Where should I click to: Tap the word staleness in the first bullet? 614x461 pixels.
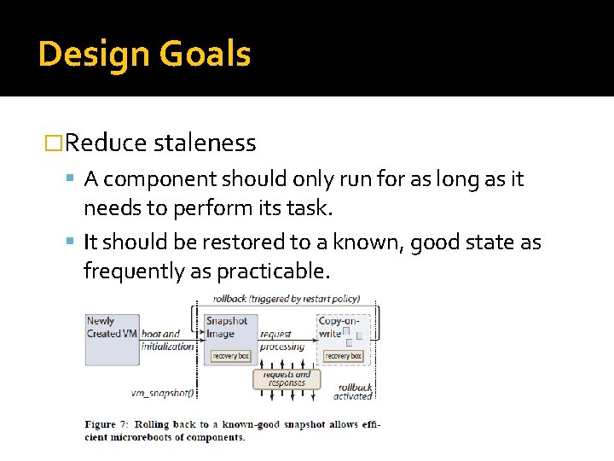[205, 143]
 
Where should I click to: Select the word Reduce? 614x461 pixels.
[107, 143]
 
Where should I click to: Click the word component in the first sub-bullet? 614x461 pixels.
[163, 179]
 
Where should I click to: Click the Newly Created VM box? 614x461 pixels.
[111, 340]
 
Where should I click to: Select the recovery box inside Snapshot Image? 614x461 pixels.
[230, 355]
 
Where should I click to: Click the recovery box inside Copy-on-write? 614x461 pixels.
[343, 356]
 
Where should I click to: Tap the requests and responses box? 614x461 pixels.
[287, 379]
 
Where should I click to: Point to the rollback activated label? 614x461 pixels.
[353, 392]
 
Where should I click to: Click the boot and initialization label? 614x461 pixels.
[167, 340]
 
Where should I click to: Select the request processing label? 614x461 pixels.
[282, 341]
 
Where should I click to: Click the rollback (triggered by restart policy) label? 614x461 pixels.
[289, 299]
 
